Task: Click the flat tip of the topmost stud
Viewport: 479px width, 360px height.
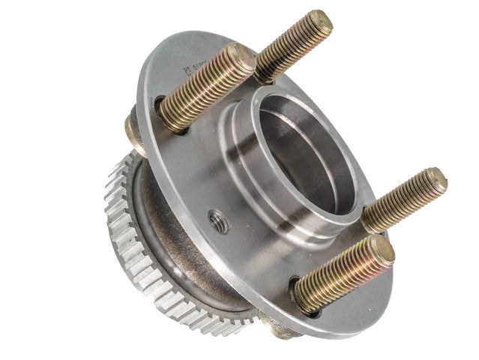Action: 320,23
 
